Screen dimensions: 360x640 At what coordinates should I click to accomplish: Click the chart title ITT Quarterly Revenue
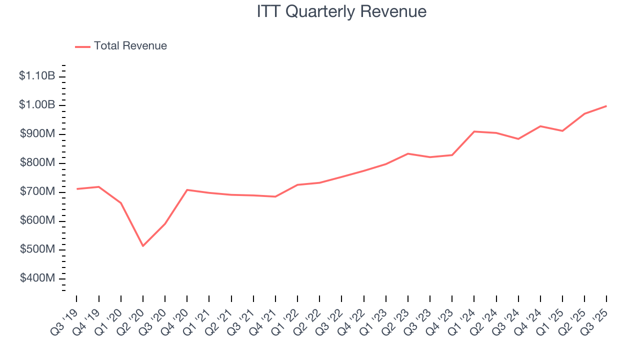[341, 11]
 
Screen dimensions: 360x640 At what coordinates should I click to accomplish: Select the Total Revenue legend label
[130, 46]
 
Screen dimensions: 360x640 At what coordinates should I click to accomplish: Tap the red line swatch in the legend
[82, 46]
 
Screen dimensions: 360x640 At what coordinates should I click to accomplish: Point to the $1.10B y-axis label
[37, 76]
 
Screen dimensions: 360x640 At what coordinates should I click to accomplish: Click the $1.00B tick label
[37, 105]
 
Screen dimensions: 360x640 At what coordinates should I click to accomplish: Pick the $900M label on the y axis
[37, 134]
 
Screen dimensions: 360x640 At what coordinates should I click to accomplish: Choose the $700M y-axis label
[37, 192]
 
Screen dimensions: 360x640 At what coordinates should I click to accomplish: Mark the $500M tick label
[37, 249]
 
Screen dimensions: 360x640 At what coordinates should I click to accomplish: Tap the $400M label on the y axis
[37, 278]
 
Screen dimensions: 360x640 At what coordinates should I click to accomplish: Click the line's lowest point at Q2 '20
[143, 246]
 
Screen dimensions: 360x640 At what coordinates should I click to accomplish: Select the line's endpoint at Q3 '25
[606, 106]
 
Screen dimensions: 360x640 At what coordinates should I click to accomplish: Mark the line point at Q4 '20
[187, 190]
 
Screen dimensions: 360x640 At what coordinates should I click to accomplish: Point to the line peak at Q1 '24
[474, 131]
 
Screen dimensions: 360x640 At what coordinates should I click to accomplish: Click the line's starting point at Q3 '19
[76, 189]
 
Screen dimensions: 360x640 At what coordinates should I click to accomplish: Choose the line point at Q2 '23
[408, 153]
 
